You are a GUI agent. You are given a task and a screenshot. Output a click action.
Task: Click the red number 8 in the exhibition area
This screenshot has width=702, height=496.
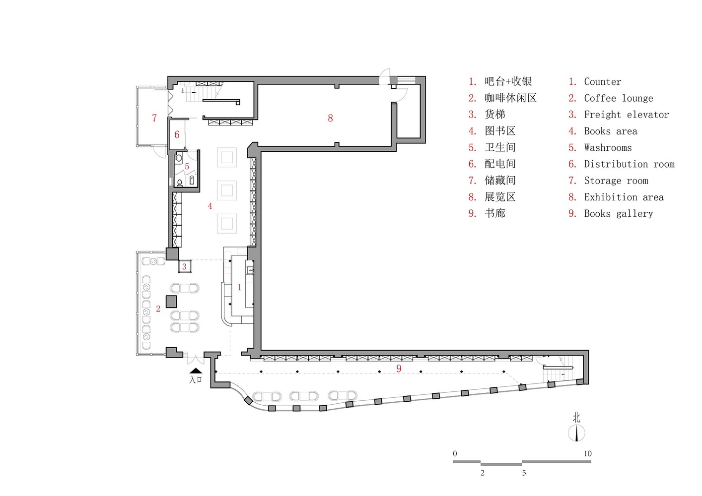coord(330,118)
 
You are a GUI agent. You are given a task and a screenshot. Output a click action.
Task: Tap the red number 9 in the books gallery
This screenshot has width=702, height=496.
coord(399,369)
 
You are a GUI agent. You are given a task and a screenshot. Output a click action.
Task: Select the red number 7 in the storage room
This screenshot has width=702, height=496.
coord(154,118)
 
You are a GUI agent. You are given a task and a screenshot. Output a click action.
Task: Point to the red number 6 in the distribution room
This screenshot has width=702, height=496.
coord(177,135)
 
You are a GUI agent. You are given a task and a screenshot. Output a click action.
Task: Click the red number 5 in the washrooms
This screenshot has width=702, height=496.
coord(187,167)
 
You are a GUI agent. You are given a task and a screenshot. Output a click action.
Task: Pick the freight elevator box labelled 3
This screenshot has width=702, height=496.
coord(185,266)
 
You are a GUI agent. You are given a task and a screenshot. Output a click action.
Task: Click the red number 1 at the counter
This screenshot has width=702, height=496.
coord(239,287)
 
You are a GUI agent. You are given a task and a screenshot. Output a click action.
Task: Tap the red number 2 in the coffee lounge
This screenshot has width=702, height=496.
coord(158,309)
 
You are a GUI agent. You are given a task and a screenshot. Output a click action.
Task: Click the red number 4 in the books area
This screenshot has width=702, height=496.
coord(210,206)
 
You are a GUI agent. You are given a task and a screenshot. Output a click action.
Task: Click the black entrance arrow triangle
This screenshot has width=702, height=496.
coord(196,371)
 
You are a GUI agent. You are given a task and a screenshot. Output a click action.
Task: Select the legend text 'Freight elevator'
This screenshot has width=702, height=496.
coord(626,115)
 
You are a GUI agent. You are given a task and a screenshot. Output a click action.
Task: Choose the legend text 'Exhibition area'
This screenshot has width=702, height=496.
coord(624,197)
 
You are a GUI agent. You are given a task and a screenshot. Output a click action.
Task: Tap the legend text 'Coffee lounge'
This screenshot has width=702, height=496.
coord(618,98)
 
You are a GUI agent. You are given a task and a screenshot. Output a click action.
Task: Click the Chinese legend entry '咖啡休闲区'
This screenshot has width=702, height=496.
coord(510,98)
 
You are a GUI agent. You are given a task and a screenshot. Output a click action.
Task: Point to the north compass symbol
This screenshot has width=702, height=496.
coord(576,433)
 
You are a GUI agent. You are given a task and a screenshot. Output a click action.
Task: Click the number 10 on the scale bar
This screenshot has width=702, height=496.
coord(587,453)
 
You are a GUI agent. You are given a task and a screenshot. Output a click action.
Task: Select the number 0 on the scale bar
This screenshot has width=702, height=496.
coord(455,453)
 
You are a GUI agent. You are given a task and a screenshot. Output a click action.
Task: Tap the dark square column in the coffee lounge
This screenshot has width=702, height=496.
coord(171,301)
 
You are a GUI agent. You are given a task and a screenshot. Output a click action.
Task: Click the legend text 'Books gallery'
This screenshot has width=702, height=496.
coord(618,214)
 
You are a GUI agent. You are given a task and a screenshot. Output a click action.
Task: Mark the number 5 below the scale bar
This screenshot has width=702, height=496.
coord(524,473)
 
